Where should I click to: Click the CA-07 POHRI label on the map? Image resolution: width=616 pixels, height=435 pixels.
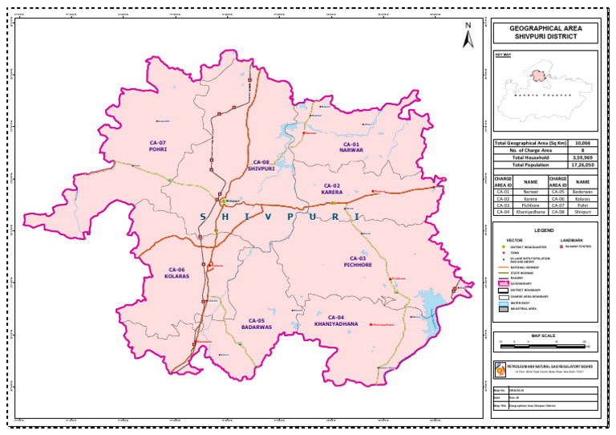tap(157, 145)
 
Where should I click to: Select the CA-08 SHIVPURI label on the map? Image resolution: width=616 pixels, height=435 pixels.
tap(261, 165)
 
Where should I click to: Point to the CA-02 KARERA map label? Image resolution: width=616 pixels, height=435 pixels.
tap(332, 189)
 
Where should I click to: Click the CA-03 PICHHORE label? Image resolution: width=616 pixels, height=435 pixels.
tap(357, 261)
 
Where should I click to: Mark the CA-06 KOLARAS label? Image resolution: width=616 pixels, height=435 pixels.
tap(177, 272)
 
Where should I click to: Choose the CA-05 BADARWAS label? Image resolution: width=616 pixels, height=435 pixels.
tap(259, 323)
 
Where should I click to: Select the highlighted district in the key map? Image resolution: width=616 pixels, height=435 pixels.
tap(551, 75)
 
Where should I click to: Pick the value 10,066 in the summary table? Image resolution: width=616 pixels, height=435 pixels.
tap(584, 142)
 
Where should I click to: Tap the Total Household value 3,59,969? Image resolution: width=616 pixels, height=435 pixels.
tap(584, 157)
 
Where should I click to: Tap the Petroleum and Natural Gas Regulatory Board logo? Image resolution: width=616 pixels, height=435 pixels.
tap(501, 370)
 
